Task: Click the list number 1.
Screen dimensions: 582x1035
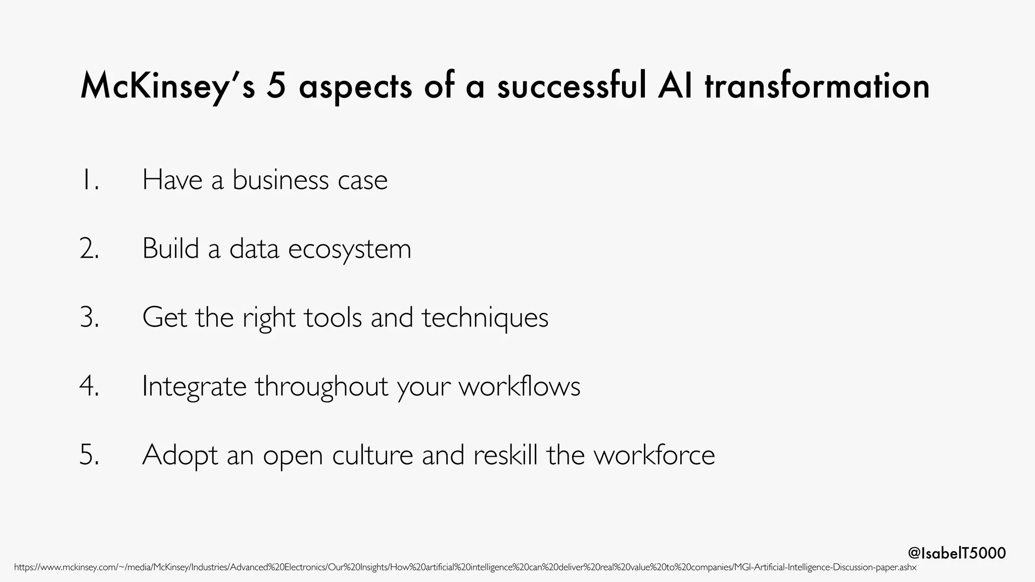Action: click(x=89, y=180)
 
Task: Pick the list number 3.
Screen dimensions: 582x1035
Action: click(x=89, y=318)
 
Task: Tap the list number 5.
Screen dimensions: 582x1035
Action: click(x=89, y=455)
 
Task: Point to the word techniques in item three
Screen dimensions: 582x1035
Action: click(x=485, y=318)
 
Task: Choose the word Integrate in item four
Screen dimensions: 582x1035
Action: click(x=194, y=386)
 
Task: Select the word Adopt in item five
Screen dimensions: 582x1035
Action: click(x=180, y=455)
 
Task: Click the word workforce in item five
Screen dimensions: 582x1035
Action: click(x=654, y=455)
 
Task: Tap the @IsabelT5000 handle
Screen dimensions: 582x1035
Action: click(x=957, y=553)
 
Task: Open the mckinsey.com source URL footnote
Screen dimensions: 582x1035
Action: click(x=465, y=568)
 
